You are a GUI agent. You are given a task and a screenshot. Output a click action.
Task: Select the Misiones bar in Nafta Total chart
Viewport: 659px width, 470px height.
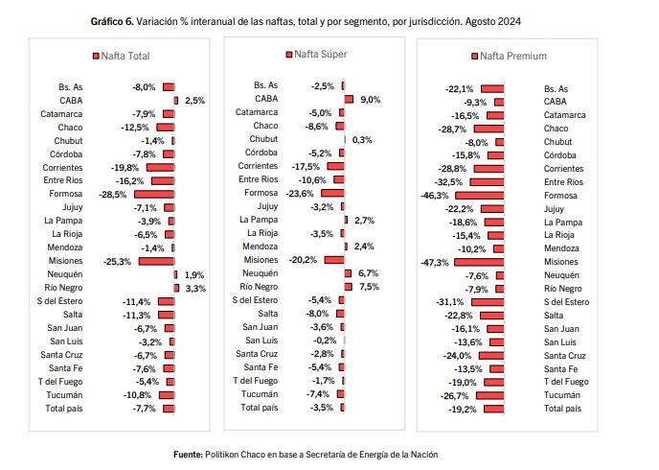pyautogui.click(x=156, y=261)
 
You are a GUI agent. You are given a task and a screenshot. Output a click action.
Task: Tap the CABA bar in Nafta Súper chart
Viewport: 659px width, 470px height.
pyautogui.click(x=349, y=99)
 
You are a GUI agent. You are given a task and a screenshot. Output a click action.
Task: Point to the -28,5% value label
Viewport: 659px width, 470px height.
pyautogui.click(x=113, y=194)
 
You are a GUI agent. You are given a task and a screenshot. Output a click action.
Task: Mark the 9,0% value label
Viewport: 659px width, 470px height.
pyautogui.click(x=370, y=100)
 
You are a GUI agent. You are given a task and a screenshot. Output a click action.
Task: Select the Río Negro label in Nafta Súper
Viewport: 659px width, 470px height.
pyautogui.click(x=259, y=287)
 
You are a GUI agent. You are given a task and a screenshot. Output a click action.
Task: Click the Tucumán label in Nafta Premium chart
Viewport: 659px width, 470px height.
pyautogui.click(x=561, y=395)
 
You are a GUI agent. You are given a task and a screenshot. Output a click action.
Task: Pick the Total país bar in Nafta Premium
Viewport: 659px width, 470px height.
pyautogui.click(x=493, y=409)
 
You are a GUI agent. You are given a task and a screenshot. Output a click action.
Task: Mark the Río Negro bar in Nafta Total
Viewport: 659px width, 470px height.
pyautogui.click(x=176, y=288)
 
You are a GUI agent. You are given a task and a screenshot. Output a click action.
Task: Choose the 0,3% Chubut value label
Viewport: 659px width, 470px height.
pyautogui.click(x=362, y=140)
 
